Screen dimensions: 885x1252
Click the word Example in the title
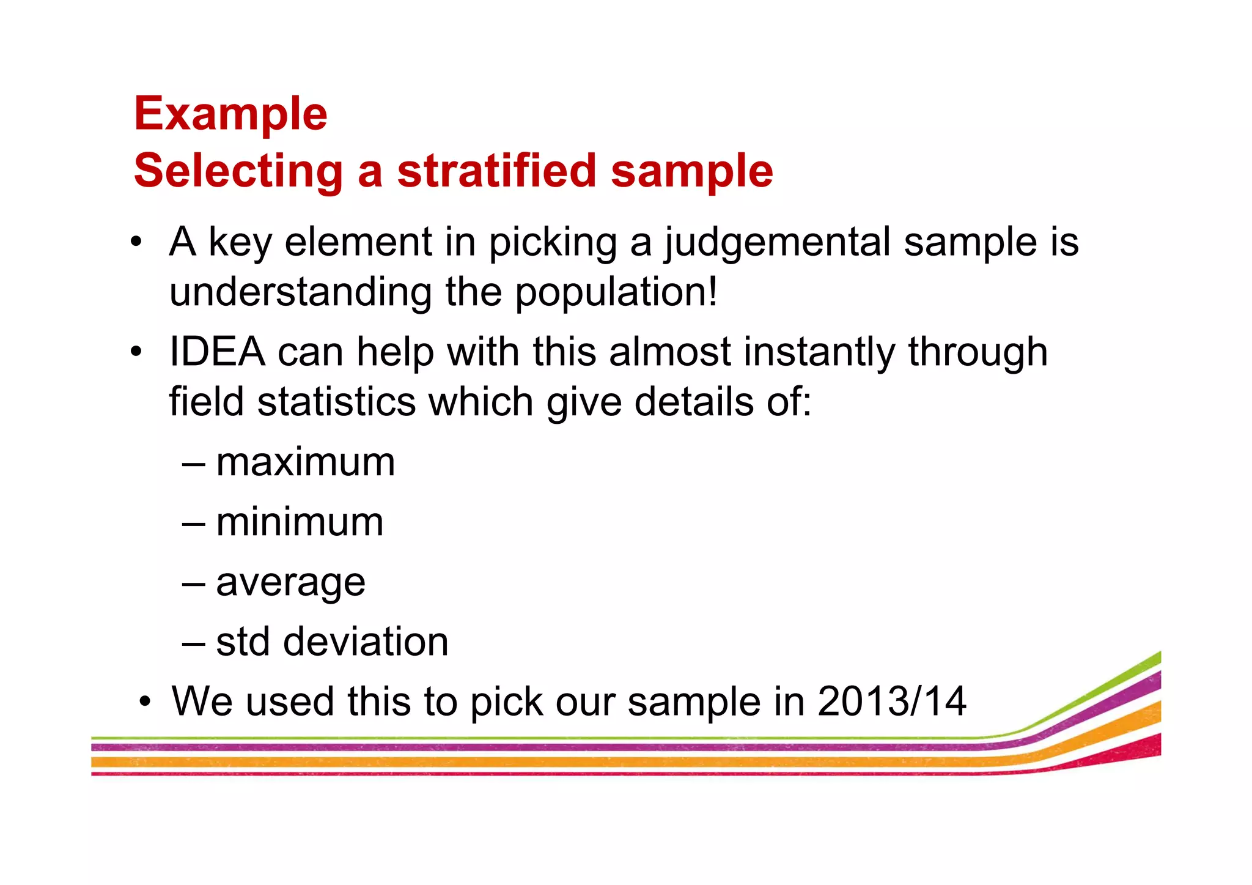tap(230, 114)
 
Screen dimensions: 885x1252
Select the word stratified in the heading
tap(496, 171)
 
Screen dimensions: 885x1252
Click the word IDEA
tap(217, 352)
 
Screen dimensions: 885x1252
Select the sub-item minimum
tap(300, 522)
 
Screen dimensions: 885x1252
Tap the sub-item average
tap(290, 582)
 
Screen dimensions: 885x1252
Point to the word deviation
tap(366, 642)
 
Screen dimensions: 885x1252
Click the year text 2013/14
tap(891, 701)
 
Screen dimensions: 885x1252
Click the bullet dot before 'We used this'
tap(144, 702)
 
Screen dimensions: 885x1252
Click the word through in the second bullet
tap(978, 353)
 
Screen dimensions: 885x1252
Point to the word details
tap(694, 402)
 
